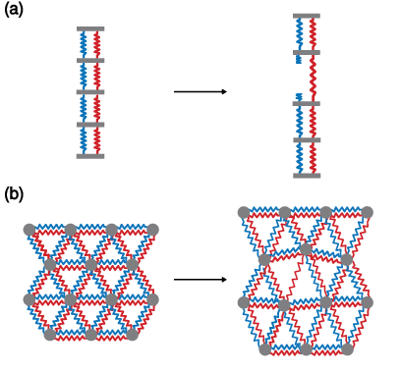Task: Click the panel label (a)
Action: [x=14, y=10]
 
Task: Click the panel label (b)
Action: [x=14, y=194]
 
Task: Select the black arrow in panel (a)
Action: [x=200, y=91]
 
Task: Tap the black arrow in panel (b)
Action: [x=200, y=280]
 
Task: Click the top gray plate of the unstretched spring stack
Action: [x=90, y=29]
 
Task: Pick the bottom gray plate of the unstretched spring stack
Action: [x=90, y=156]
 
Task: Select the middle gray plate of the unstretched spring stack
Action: [x=90, y=92]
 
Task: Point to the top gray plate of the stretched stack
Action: [x=307, y=16]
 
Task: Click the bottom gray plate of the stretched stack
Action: [x=307, y=176]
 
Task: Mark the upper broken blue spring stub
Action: [x=299, y=59]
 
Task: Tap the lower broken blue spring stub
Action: [x=299, y=97]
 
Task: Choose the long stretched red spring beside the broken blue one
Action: [x=314, y=78]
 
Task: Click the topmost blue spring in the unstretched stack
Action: [x=84, y=45]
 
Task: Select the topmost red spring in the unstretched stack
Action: [x=97, y=45]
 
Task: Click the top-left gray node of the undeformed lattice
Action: [x=29, y=230]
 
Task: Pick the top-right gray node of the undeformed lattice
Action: [x=152, y=230]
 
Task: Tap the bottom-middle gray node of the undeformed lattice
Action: [x=91, y=335]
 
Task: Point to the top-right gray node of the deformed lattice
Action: [x=367, y=212]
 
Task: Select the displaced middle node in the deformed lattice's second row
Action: [x=306, y=249]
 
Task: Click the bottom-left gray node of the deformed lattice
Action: [x=265, y=349]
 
